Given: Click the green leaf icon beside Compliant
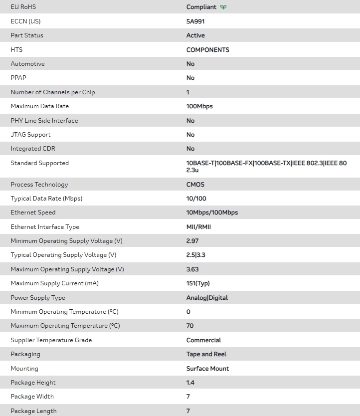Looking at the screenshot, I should click(x=223, y=7).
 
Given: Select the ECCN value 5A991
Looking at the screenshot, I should click(x=195, y=21).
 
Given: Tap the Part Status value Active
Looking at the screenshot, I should click(x=195, y=35).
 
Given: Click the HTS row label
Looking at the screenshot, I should click(x=16, y=50).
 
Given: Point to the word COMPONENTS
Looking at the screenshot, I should click(x=207, y=50).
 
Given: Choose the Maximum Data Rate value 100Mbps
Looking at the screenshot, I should click(x=199, y=106).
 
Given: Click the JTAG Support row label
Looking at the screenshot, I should click(x=30, y=135).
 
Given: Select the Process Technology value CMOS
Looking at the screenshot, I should click(x=195, y=185).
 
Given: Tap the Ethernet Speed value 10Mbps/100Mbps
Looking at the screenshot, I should click(x=212, y=212).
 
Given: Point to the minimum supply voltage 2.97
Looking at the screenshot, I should click(x=192, y=241).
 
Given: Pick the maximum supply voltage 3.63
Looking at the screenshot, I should click(x=192, y=269).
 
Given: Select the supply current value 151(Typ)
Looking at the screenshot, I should click(x=198, y=283).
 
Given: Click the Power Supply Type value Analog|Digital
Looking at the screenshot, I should click(x=207, y=298).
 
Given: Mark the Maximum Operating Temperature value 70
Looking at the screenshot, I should click(x=190, y=326).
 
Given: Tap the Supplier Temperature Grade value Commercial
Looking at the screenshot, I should click(x=203, y=340).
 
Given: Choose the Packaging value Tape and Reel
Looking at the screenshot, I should click(x=206, y=354).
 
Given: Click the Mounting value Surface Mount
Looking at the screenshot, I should click(x=207, y=369).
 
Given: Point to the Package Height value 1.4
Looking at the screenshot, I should click(x=190, y=383).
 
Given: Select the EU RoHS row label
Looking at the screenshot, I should click(x=23, y=7).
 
